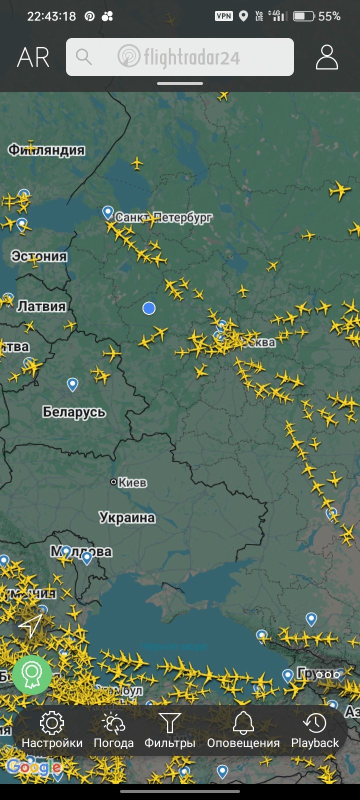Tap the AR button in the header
click(33, 57)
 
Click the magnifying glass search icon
click(84, 57)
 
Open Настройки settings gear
click(52, 730)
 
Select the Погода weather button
click(113, 730)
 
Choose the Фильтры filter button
click(169, 730)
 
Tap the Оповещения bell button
click(243, 730)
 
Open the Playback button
click(315, 730)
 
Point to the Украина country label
click(127, 517)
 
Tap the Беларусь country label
click(74, 412)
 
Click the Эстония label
click(39, 256)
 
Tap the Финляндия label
click(46, 150)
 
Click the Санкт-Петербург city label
click(163, 217)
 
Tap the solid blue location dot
click(149, 308)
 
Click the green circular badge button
click(32, 675)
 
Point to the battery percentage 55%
click(329, 16)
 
